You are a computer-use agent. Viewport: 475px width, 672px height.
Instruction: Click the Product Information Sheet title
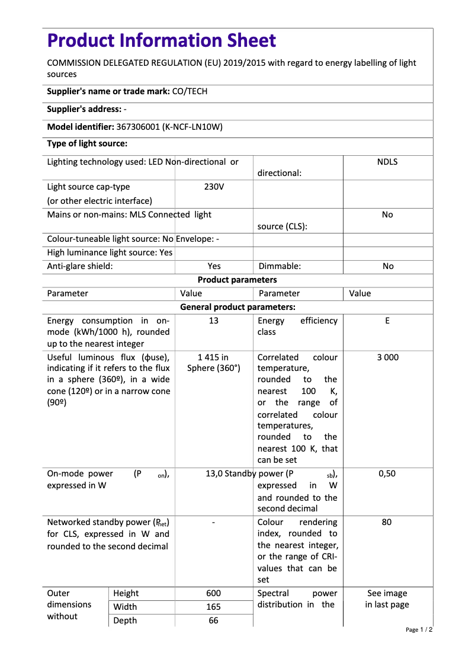[x=161, y=41]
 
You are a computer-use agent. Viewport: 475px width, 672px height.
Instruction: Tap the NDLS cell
[x=387, y=162]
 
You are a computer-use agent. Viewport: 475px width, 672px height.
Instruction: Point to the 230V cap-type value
[x=214, y=187]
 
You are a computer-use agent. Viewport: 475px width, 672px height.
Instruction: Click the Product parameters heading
[x=237, y=280]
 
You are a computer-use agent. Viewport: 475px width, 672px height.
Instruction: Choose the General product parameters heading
[x=237, y=307]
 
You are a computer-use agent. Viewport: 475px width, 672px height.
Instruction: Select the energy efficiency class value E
[x=387, y=321]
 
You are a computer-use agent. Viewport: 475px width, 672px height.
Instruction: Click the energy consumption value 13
[x=214, y=321]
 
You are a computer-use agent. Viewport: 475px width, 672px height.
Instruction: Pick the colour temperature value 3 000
[x=387, y=357]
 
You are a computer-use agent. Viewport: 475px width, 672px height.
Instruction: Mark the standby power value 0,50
[x=387, y=473]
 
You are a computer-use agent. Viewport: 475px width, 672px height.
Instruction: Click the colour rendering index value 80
[x=387, y=522]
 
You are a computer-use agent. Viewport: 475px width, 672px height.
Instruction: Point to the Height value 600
[x=214, y=593]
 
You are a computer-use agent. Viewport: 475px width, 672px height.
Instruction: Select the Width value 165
[x=214, y=607]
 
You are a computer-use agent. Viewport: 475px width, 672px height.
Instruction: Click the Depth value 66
[x=214, y=620]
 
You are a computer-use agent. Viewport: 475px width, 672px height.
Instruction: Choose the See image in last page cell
[x=387, y=599]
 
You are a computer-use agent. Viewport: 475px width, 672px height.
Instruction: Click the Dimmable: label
[x=279, y=266]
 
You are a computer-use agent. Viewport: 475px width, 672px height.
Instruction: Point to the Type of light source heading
[x=87, y=143]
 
